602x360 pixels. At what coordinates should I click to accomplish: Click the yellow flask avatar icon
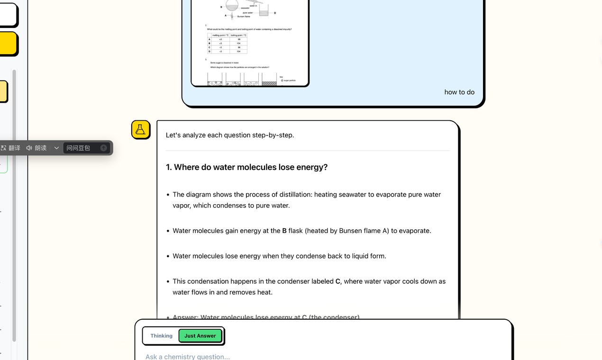point(140,130)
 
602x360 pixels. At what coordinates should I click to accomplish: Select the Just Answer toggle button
point(200,336)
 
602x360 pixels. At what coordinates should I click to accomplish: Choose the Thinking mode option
point(161,336)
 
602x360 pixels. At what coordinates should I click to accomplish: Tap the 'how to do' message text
point(459,92)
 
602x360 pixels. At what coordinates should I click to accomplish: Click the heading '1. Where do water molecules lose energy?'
point(246,167)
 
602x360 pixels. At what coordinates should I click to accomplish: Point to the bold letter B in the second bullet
point(284,231)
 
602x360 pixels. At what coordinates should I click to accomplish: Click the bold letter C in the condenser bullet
point(337,281)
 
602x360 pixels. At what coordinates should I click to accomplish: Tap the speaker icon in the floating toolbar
point(29,148)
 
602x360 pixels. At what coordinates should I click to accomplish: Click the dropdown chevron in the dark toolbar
point(56,148)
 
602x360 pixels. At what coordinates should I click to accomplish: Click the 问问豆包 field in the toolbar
point(81,148)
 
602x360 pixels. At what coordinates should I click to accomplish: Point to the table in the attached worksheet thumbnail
point(227,43)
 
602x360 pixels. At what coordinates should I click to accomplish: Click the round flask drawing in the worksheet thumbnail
point(232,5)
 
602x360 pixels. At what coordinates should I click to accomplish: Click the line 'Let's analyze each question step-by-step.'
point(230,135)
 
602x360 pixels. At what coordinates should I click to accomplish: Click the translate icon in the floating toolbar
point(4,148)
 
